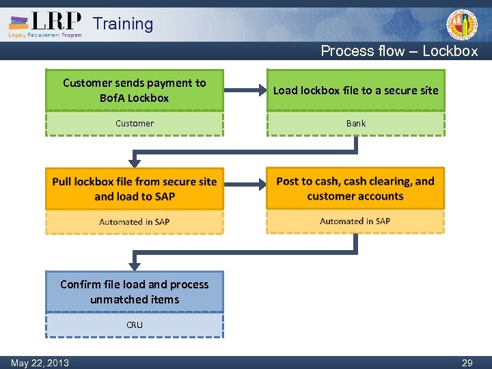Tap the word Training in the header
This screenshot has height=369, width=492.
tap(123, 24)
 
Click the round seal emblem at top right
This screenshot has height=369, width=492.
tap(462, 25)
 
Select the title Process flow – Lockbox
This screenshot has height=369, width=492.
tap(399, 51)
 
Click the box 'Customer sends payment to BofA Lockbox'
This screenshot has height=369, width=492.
tap(135, 90)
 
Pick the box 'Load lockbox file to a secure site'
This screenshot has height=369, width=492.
tap(355, 90)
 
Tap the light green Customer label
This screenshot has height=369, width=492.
tap(135, 124)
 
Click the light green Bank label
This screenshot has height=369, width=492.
tap(355, 124)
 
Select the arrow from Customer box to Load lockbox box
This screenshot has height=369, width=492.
tap(245, 90)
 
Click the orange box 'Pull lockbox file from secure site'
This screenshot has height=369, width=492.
tap(135, 189)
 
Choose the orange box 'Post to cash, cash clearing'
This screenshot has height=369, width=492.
tap(355, 189)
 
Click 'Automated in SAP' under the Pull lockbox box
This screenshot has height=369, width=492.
tap(135, 221)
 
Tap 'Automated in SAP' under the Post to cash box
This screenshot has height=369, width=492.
tap(355, 221)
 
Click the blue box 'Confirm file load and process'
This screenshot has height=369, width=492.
tap(135, 292)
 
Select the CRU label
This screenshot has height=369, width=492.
tap(135, 325)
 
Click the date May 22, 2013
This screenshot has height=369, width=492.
tap(40, 363)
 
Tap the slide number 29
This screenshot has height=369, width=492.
tap(467, 363)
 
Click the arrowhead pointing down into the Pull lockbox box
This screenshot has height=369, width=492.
tap(135, 163)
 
